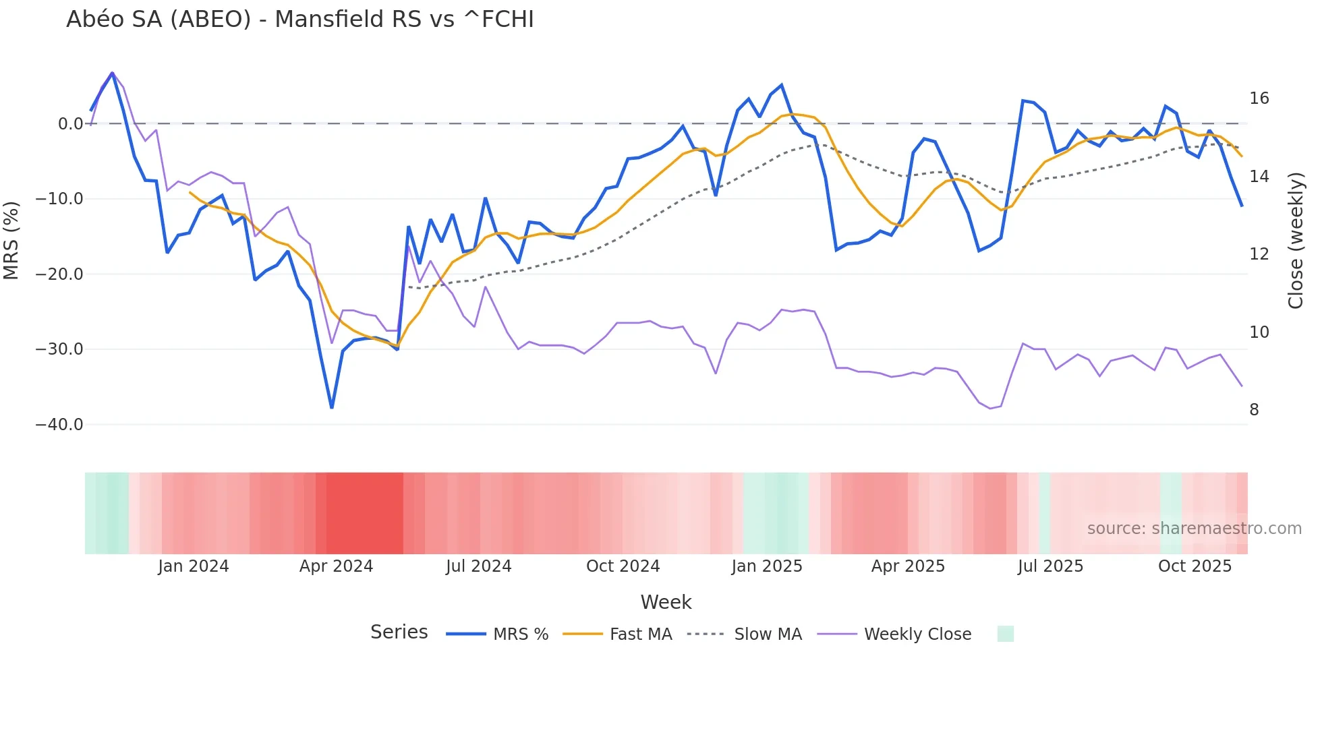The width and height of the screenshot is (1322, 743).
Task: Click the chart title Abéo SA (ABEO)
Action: point(299,20)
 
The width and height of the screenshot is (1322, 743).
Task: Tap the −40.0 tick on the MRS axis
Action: point(59,425)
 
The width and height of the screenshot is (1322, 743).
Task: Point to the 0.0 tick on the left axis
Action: point(70,124)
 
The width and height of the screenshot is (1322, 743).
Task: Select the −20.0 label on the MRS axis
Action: point(59,274)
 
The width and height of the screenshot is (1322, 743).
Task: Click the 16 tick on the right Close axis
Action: point(1259,98)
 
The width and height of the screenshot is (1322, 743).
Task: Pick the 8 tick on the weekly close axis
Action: point(1254,410)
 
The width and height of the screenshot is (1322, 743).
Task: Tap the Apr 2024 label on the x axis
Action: point(336,566)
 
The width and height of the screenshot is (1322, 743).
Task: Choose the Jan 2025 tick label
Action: point(767,566)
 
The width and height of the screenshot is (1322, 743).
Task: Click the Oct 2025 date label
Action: point(1195,566)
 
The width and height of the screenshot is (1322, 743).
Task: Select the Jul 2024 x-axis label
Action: point(478,566)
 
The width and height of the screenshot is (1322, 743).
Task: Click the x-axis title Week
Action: point(666,602)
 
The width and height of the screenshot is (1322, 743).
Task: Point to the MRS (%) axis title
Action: point(11,240)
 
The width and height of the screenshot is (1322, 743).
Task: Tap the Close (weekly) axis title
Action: point(1296,241)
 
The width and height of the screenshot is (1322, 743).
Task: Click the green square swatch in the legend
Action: point(1005,634)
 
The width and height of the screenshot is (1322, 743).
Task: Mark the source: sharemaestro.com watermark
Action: point(1194,529)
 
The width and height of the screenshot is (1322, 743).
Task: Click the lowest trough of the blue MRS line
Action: point(332,408)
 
